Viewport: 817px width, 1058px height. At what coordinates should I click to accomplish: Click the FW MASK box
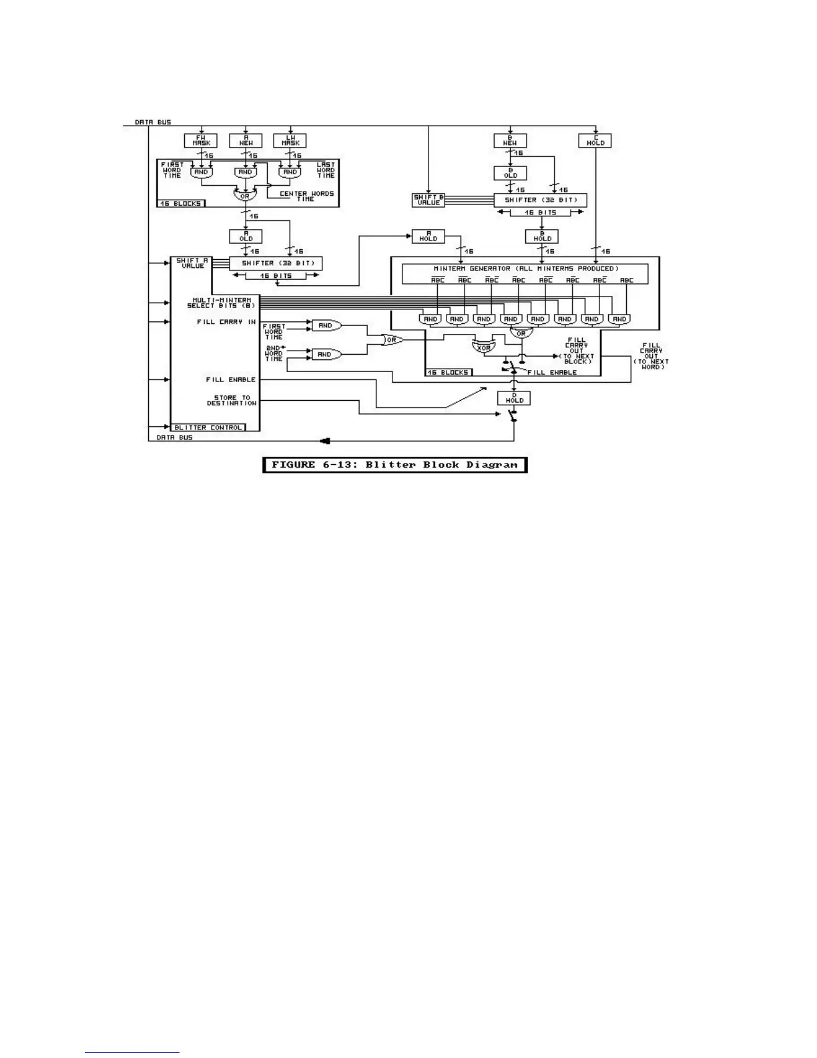click(x=201, y=140)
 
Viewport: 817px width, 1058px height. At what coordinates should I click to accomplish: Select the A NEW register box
click(x=246, y=140)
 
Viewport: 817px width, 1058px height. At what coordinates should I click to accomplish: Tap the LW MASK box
click(x=290, y=140)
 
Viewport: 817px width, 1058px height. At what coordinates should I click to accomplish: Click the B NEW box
click(x=510, y=140)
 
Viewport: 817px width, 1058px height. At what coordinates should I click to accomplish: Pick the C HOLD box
click(x=595, y=141)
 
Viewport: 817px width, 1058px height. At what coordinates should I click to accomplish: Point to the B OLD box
click(x=510, y=173)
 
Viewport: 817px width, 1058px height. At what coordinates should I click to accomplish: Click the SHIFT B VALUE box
click(x=428, y=200)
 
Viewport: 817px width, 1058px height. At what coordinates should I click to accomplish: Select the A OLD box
click(x=246, y=236)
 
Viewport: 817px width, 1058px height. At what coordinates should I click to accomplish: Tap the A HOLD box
click(x=428, y=236)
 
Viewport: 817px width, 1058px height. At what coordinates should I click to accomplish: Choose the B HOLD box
click(x=542, y=236)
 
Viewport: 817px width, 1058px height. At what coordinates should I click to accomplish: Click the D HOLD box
click(x=514, y=398)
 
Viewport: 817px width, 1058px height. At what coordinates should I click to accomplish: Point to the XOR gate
click(x=484, y=347)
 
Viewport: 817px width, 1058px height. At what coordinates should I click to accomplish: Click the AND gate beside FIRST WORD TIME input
click(x=326, y=325)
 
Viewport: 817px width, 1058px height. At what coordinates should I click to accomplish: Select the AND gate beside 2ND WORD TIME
click(x=326, y=354)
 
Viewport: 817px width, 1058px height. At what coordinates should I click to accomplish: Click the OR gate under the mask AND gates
click(x=245, y=196)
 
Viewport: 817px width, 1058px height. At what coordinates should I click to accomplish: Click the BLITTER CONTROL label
click(x=208, y=427)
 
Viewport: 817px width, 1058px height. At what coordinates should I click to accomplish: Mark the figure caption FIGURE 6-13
click(x=394, y=465)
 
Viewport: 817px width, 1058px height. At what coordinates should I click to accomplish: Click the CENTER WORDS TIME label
click(x=306, y=196)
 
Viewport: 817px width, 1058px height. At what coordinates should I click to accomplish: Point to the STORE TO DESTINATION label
click(x=231, y=400)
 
